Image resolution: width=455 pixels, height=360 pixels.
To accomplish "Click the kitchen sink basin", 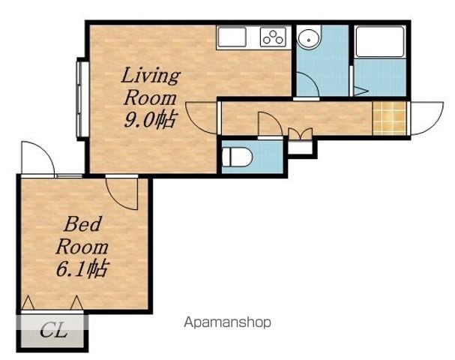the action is tap(232, 37).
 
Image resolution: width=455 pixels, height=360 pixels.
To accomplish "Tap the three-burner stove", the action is tap(273, 37).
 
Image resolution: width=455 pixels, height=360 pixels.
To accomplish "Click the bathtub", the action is tap(380, 41).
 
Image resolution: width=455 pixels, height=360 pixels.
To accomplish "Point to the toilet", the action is tap(237, 157).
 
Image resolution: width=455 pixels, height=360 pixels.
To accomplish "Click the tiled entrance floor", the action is tap(389, 118).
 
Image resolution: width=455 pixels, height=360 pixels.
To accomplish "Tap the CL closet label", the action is tap(54, 331).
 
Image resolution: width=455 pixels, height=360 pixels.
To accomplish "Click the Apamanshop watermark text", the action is tap(228, 322).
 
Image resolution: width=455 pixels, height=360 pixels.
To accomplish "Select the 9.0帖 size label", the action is tap(151, 119).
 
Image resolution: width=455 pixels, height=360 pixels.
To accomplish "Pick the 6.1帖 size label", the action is tap(82, 268).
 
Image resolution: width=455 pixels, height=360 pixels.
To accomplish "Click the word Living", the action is tap(151, 76).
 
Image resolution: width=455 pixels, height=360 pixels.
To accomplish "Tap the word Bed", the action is tap(82, 223).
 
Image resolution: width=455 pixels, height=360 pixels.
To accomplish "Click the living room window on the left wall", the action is tap(82, 99).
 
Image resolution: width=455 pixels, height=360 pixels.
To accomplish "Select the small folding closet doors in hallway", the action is tap(301, 134).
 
